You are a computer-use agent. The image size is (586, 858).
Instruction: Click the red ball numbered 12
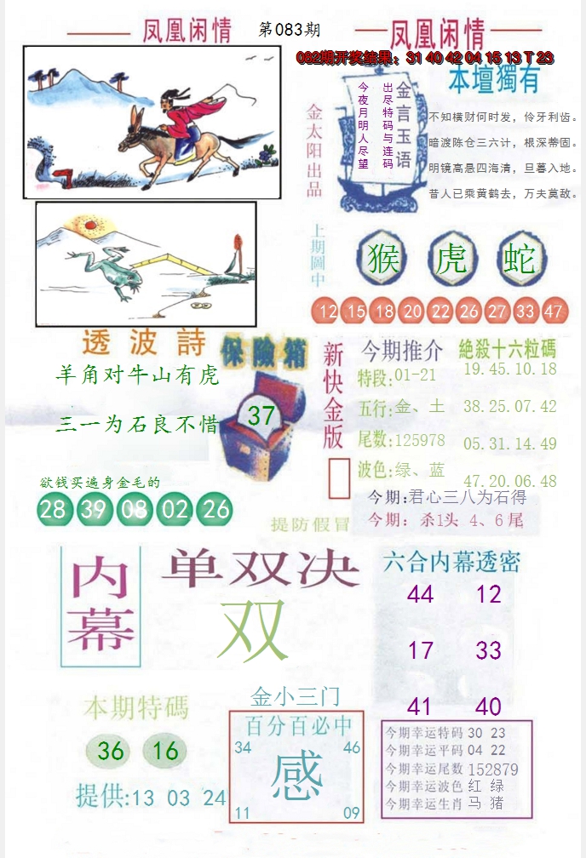327,312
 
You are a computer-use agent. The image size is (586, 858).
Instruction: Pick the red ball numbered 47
553,312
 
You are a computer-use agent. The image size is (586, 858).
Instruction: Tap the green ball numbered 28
53,509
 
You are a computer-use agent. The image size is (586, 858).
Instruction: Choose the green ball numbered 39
94,509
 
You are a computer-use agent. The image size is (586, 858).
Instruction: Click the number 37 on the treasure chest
261,415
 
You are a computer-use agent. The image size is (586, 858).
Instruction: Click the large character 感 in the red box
297,776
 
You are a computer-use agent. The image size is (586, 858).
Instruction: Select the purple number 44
420,594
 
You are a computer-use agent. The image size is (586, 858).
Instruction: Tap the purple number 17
420,651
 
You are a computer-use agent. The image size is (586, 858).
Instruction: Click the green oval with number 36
112,750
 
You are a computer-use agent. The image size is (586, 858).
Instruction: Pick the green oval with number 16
166,750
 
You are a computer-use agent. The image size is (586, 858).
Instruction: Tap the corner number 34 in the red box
243,747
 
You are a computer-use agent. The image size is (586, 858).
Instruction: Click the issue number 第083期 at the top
289,30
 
